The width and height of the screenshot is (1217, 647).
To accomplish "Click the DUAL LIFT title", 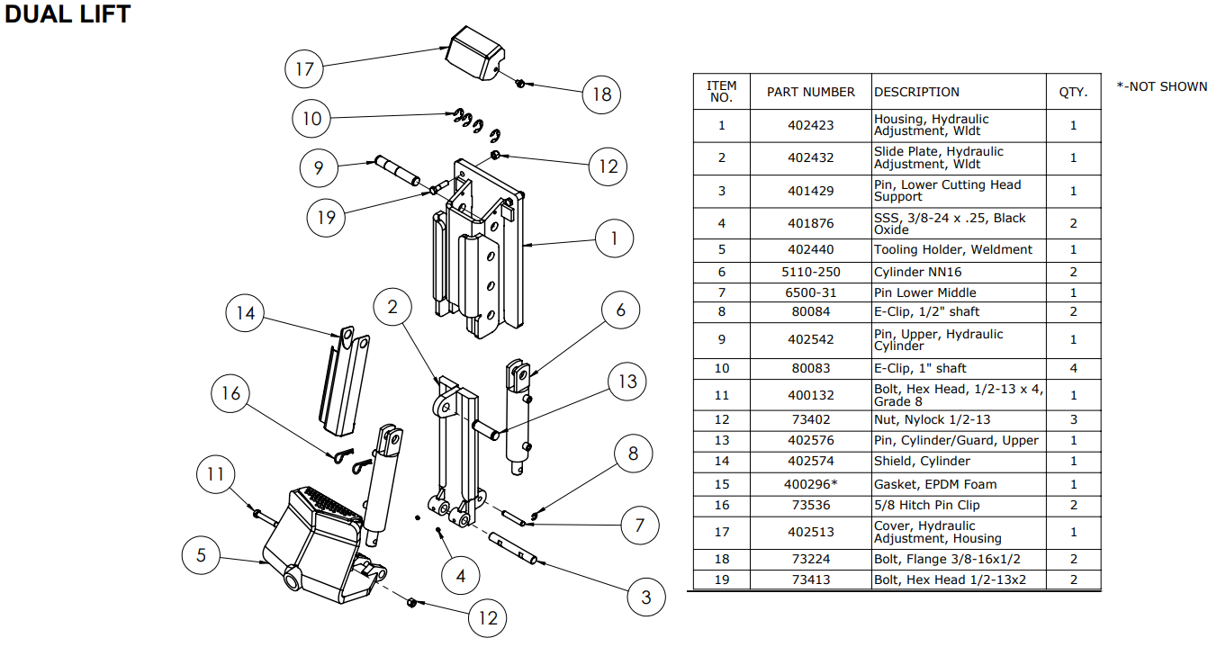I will pos(68,14).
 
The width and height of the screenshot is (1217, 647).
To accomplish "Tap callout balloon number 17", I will pos(304,67).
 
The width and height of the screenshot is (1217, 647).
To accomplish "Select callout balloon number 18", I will pos(601,94).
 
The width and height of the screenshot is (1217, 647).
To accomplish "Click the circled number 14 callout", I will pos(246,312).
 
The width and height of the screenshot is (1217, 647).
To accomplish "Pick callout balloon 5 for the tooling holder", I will pos(201,555).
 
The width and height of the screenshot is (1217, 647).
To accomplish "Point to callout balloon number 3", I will pos(645,597).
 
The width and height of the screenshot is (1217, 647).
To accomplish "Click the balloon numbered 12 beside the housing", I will pos(608,166).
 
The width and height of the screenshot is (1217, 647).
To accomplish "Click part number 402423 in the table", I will pos(810,125).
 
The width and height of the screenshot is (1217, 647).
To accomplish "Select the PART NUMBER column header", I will pos(810,92).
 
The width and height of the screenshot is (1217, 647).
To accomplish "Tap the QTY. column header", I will pos(1073,92).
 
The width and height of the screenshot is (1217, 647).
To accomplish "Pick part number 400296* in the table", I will pos(810,484).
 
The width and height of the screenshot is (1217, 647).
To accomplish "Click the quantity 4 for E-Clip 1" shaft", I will pos(1073,368).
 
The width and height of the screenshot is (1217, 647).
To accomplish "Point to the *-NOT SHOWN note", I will pos(1162,86).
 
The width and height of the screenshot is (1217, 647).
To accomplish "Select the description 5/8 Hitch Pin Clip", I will pos(927,505).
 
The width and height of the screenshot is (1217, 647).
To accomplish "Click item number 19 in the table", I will pos(721,580).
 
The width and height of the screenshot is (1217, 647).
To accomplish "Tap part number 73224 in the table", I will pos(810,559).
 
